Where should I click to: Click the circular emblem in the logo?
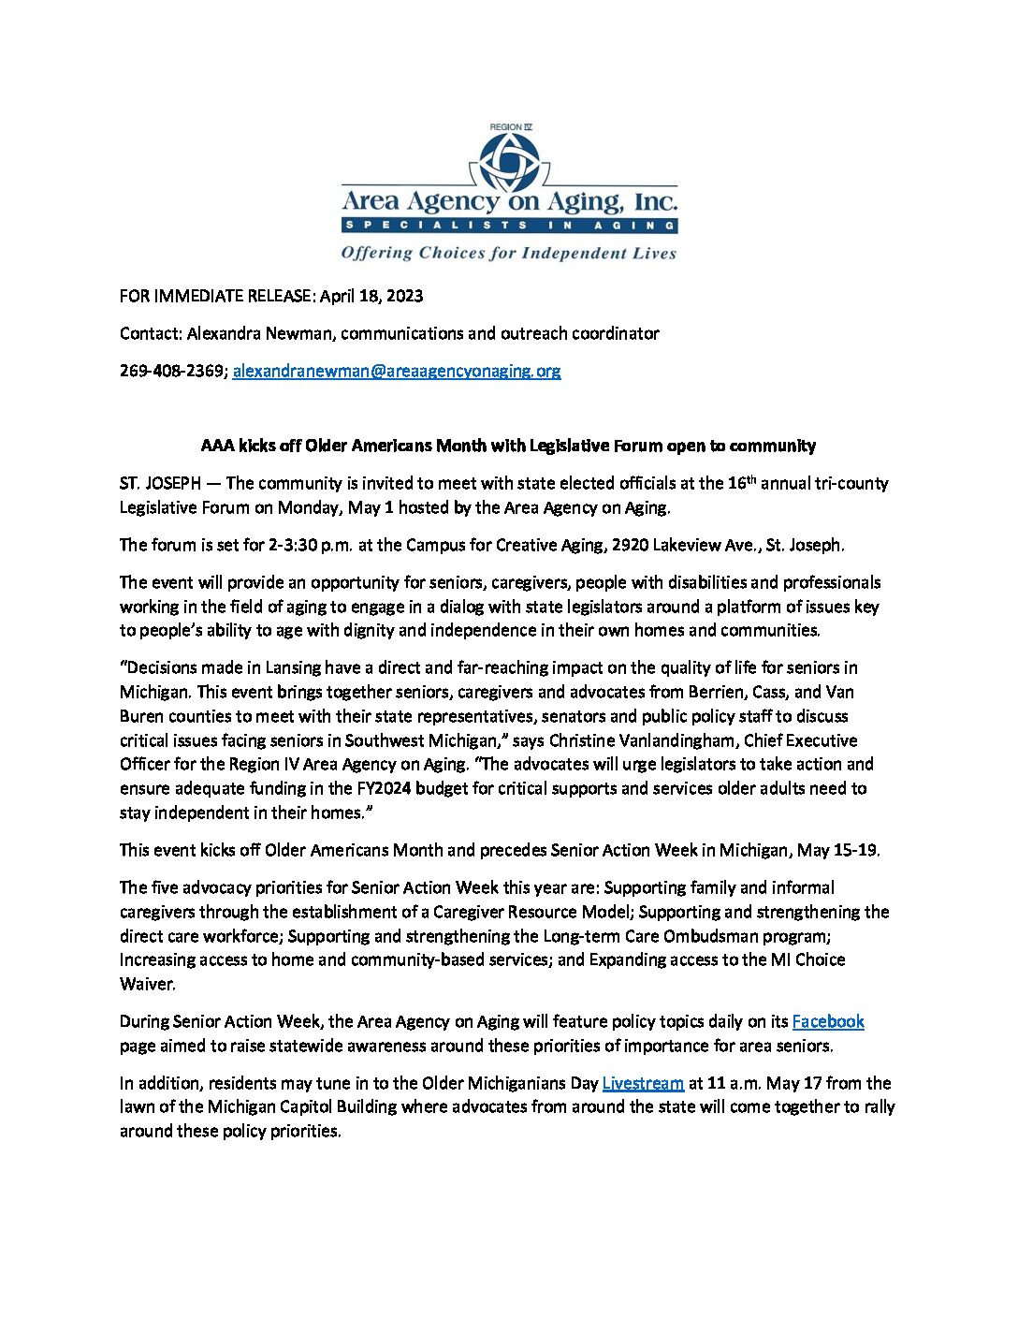pyautogui.click(x=510, y=162)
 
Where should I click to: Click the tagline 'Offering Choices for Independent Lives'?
pyautogui.click(x=508, y=253)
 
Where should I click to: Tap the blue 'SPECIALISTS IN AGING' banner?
pyautogui.click(x=509, y=226)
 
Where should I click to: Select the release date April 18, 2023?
pyautogui.click(x=371, y=296)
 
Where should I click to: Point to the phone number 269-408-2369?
pyautogui.click(x=171, y=371)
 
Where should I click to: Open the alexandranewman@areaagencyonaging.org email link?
pyautogui.click(x=397, y=371)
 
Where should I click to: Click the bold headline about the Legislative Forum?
pyautogui.click(x=508, y=446)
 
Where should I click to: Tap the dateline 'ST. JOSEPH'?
pyautogui.click(x=160, y=484)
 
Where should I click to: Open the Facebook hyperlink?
pyautogui.click(x=827, y=1022)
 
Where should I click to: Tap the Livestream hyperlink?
pyautogui.click(x=643, y=1084)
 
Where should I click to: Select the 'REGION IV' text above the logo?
pyautogui.click(x=510, y=127)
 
